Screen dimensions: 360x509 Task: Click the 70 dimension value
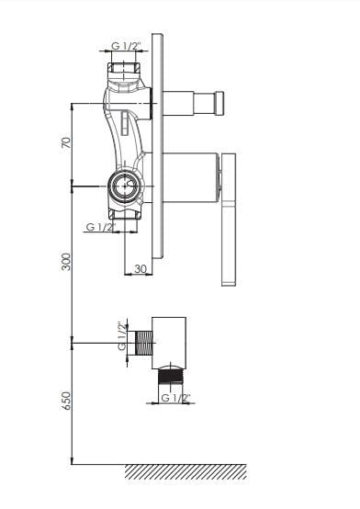coord(66,142)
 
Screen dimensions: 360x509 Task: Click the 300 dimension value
coord(66,262)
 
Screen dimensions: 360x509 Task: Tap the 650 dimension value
coord(66,401)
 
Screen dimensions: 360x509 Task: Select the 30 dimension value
coord(141,268)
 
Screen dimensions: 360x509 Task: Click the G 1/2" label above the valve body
coord(127,46)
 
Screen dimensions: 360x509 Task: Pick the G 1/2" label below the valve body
coord(101,227)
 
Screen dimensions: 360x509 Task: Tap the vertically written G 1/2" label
coord(122,336)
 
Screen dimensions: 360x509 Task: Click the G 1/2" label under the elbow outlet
coord(176,397)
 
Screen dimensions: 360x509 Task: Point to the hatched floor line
coord(186,471)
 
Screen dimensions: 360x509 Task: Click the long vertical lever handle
coord(229,220)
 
